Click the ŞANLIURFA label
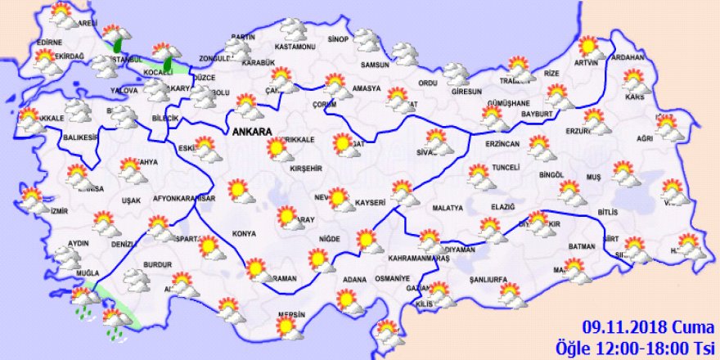point(489,278)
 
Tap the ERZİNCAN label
point(502,144)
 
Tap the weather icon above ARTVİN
point(589,46)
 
